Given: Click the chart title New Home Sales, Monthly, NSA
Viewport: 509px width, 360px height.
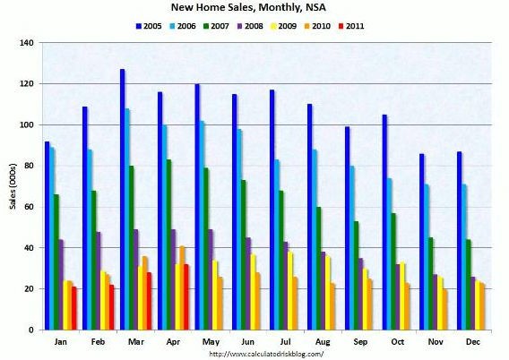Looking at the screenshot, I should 254,9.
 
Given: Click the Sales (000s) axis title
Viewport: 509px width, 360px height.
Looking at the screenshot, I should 10,186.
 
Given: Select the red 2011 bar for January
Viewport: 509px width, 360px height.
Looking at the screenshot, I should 73,308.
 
